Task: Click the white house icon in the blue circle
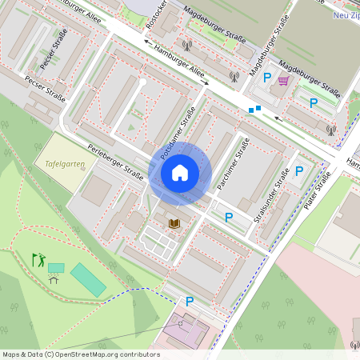coord(180,173)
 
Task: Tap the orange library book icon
coord(174,223)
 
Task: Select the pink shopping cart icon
coord(283,80)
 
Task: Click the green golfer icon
coord(38,259)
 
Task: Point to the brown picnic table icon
coord(54,279)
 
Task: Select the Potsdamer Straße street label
coord(177,129)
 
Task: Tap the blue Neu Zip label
coord(345,14)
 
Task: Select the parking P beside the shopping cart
coord(266,78)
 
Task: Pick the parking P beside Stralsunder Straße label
coord(298,170)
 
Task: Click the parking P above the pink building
coord(190,302)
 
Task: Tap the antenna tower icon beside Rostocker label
coord(186,46)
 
